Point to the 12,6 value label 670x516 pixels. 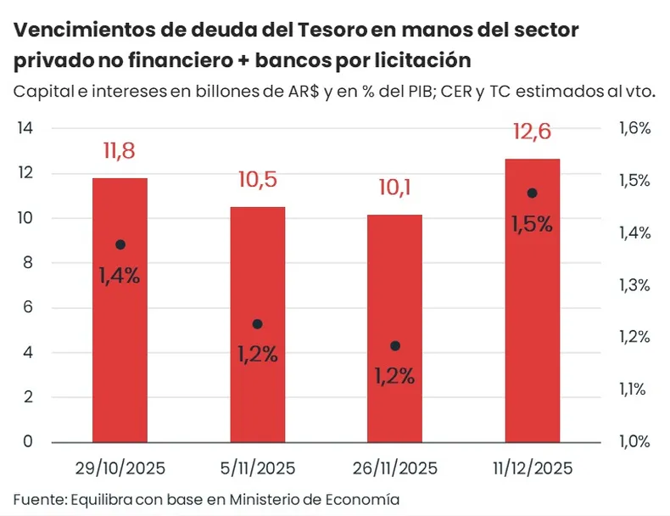[x=532, y=132]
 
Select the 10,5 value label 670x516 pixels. [x=257, y=180]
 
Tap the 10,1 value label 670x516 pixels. [x=394, y=188]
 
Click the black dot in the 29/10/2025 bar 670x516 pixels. [x=120, y=244]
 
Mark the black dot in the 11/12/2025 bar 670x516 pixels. [x=532, y=193]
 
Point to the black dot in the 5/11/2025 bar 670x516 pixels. [x=258, y=324]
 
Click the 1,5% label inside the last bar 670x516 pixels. [x=532, y=224]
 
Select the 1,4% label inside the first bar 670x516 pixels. [x=120, y=276]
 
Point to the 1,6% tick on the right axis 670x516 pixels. [x=634, y=129]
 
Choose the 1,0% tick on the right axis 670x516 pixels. [x=634, y=441]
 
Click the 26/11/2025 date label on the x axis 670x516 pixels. [x=394, y=468]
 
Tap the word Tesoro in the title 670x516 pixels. [x=332, y=31]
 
